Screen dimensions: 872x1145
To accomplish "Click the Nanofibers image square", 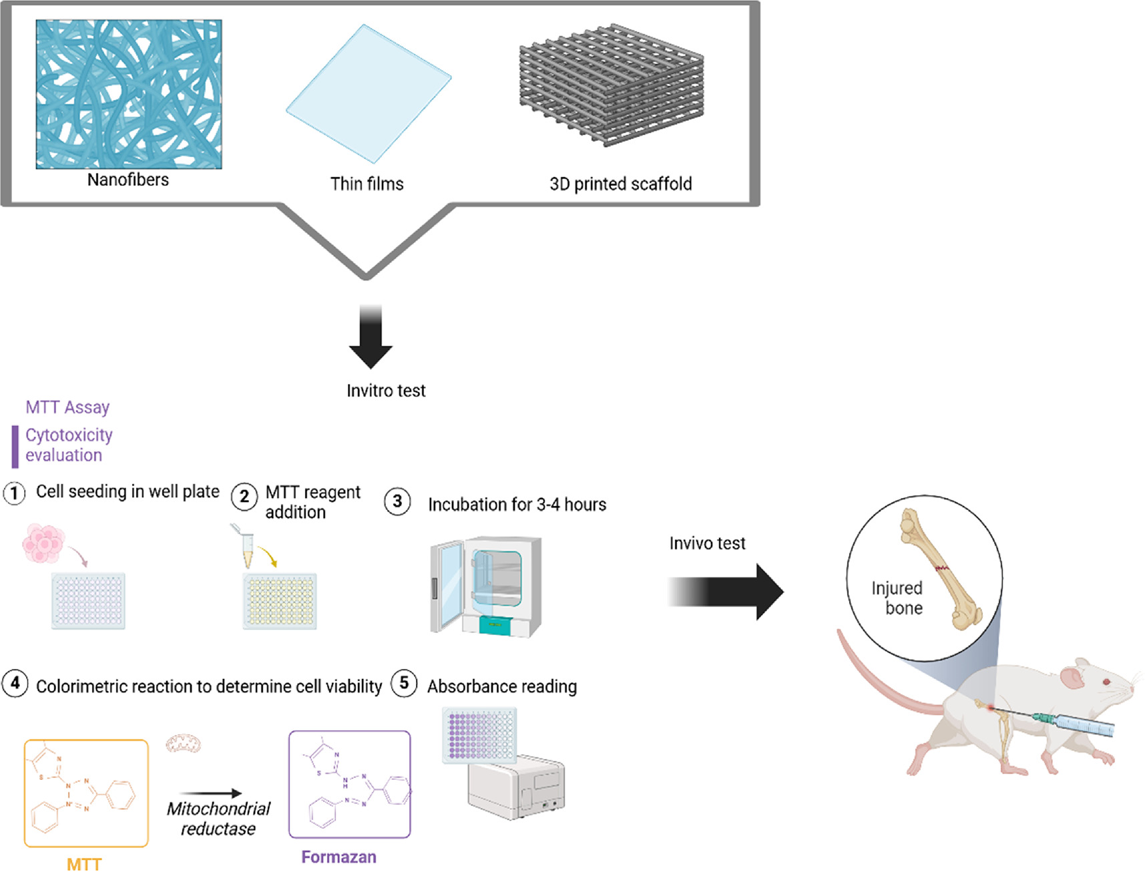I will tap(129, 94).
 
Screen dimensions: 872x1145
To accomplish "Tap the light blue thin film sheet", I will tap(369, 93).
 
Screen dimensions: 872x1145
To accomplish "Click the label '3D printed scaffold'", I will tap(620, 184).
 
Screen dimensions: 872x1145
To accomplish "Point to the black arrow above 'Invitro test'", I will tap(371, 337).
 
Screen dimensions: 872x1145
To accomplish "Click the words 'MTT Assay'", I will tap(67, 407).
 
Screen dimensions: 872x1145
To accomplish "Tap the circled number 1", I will tap(14, 493).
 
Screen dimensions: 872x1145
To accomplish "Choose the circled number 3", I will tap(397, 501).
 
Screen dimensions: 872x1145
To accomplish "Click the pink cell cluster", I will tap(44, 543).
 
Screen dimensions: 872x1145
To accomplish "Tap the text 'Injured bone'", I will tap(897, 598).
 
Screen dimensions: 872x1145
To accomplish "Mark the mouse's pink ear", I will tap(1072, 677).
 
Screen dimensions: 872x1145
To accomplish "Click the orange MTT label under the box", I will tap(84, 864).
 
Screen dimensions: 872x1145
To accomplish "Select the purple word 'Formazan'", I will tap(338, 857).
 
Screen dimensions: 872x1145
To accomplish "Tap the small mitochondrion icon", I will tap(184, 743).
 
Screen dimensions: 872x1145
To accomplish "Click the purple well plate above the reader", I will tap(479, 735).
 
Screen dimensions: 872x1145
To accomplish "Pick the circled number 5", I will tap(404, 684).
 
